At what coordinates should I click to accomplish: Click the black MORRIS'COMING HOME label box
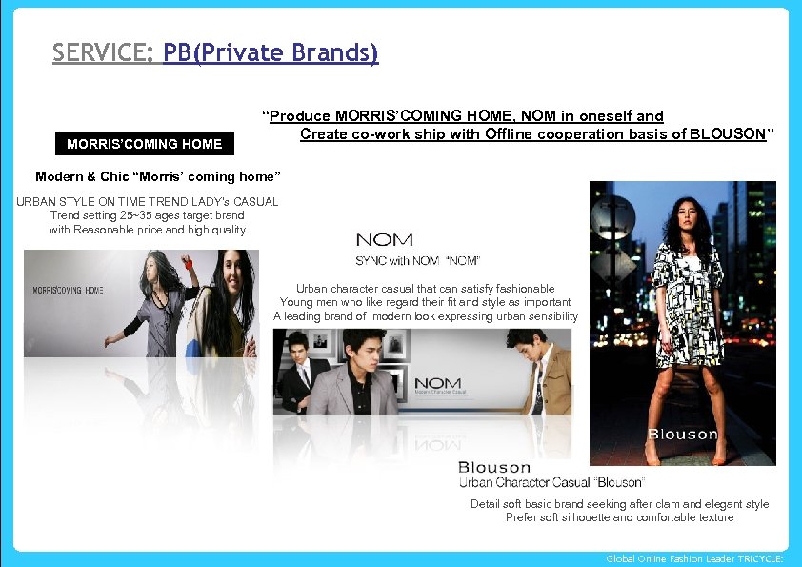(x=144, y=144)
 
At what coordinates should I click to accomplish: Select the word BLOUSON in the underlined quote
(x=728, y=134)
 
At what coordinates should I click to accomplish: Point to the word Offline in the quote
(x=511, y=134)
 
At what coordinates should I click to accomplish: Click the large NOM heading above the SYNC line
(x=384, y=240)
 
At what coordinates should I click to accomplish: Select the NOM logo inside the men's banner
(x=436, y=383)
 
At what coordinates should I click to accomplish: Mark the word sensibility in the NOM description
(x=547, y=316)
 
